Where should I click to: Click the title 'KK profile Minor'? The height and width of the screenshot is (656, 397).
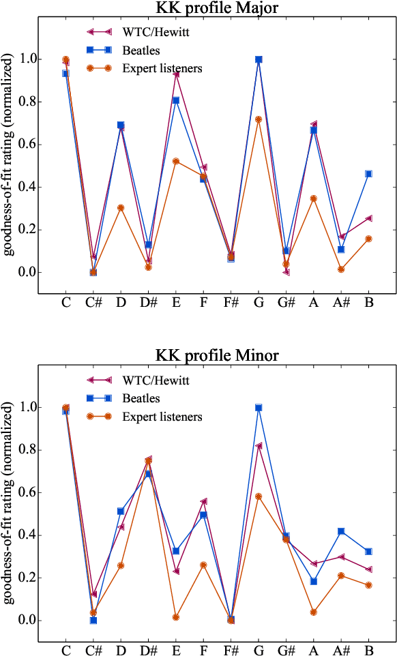point(217,355)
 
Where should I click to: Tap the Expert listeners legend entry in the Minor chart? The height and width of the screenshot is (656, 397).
point(162,416)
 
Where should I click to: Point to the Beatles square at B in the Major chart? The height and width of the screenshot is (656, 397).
point(369,174)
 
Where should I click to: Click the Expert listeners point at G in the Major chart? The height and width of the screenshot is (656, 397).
point(259,119)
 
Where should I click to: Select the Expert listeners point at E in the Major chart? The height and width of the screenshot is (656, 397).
point(176,162)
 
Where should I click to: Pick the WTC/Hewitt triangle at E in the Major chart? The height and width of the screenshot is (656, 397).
point(176,74)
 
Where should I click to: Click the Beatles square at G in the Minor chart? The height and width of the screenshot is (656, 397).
point(259,408)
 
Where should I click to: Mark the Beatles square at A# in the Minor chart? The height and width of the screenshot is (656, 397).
point(341,531)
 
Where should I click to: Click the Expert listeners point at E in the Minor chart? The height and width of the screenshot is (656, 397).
point(176,617)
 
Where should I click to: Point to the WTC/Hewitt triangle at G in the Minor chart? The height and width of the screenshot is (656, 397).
point(259,446)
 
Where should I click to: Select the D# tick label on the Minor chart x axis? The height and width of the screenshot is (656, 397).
point(149,651)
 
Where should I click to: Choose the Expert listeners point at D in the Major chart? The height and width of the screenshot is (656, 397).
point(121,208)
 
